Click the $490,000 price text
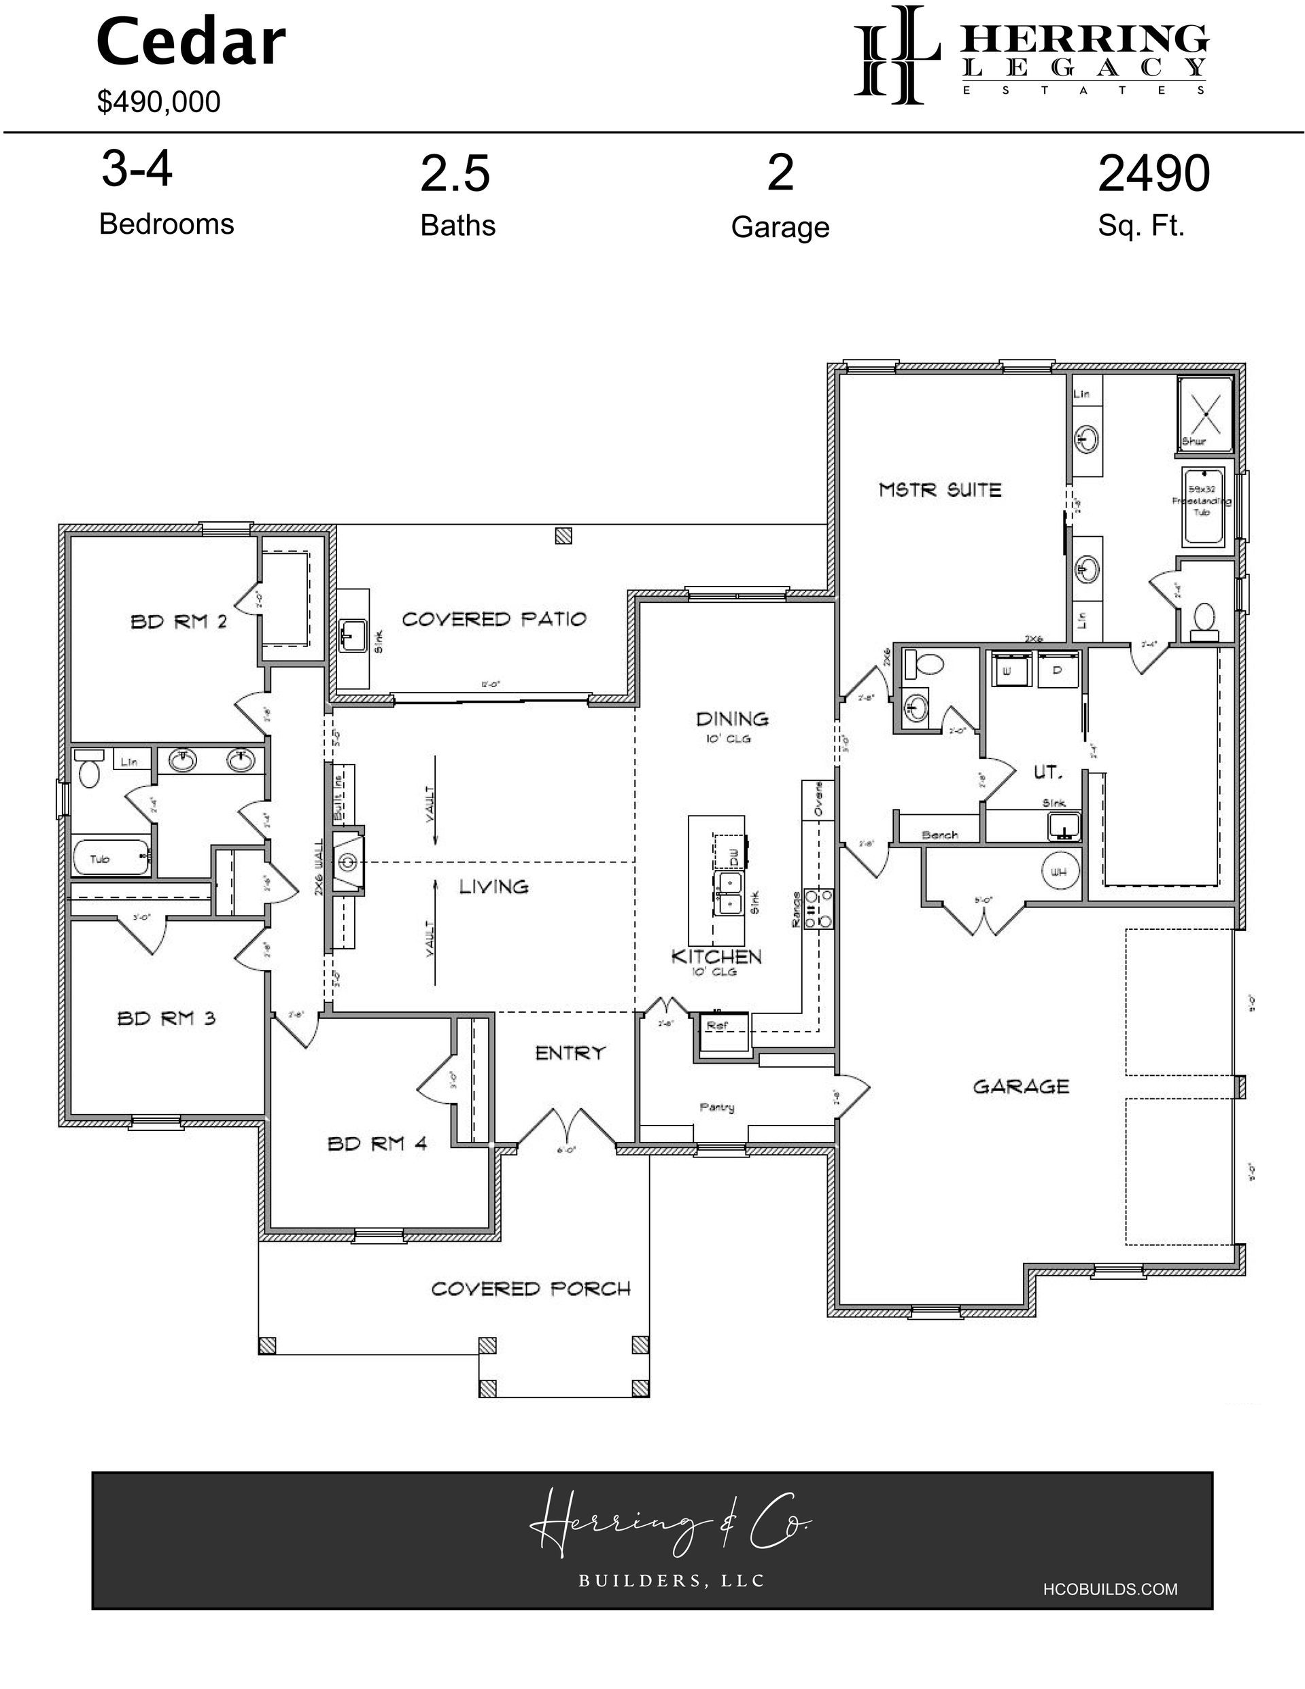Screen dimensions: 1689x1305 coord(158,102)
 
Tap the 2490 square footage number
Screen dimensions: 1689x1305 coord(1153,174)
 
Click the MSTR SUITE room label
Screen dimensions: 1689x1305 coord(939,489)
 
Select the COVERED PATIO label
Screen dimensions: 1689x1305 coord(493,619)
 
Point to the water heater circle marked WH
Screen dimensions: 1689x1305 coord(1058,871)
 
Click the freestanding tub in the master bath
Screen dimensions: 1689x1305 coord(1202,506)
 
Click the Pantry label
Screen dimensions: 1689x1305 coord(716,1107)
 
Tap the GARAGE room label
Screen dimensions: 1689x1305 coord(1020,1087)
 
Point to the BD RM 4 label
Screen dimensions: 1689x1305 coord(377,1143)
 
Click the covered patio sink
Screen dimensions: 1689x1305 coord(353,636)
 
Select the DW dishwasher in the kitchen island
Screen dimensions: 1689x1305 coord(732,854)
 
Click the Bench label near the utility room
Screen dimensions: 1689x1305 coord(940,835)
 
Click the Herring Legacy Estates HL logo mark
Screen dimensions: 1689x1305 coord(896,54)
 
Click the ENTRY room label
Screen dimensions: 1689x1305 coord(570,1053)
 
